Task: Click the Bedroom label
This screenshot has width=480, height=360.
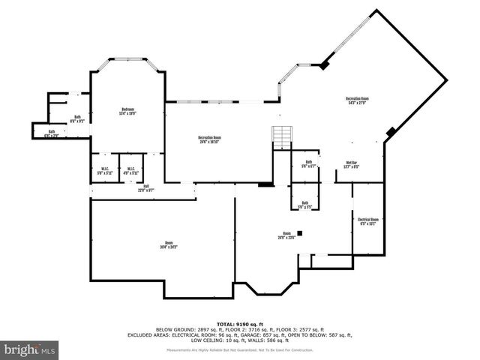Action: click(x=127, y=109)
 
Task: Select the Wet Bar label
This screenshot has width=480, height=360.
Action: click(x=351, y=163)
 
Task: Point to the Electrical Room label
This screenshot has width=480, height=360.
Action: click(x=368, y=220)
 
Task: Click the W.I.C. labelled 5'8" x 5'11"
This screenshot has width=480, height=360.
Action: click(x=103, y=169)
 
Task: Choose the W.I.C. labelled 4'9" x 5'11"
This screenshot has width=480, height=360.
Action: click(x=130, y=169)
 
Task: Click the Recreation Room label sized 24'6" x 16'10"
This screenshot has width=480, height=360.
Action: click(x=209, y=137)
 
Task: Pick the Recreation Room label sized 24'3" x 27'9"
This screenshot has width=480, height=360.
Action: click(x=357, y=98)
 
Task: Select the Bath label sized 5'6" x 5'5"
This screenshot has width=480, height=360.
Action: click(x=304, y=202)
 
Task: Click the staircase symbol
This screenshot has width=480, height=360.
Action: click(x=281, y=137)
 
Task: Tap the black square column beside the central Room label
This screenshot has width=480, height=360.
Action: click(x=299, y=233)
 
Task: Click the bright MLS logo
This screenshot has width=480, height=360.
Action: click(x=29, y=349)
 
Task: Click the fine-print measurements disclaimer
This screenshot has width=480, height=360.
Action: click(x=240, y=349)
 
